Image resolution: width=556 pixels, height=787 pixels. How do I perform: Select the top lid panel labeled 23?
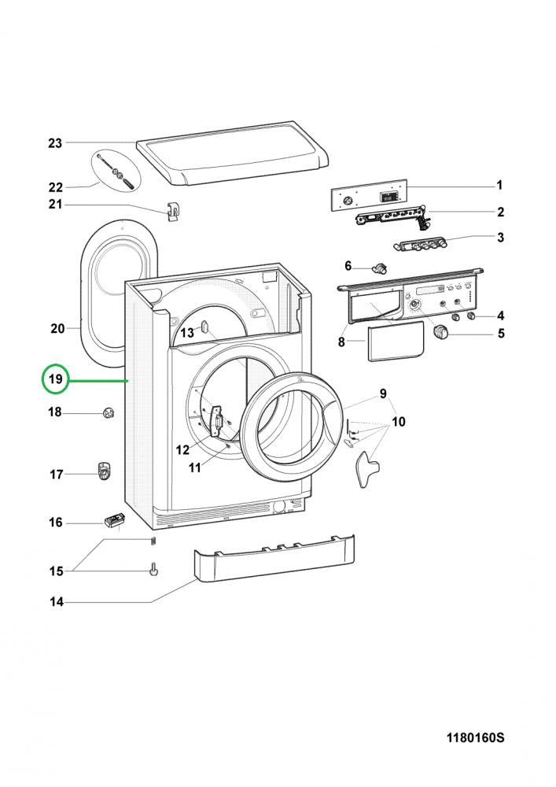(231, 157)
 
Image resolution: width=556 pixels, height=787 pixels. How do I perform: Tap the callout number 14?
(55, 603)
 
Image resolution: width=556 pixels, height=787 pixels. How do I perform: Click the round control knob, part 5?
(440, 334)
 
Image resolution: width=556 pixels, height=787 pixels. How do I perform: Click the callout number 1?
(499, 186)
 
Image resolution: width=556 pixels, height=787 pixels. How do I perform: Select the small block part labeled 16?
(114, 521)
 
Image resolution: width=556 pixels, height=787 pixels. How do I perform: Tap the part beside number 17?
(103, 471)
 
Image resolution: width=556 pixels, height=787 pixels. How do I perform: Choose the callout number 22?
(55, 187)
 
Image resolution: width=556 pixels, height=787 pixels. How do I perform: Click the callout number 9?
(384, 393)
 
